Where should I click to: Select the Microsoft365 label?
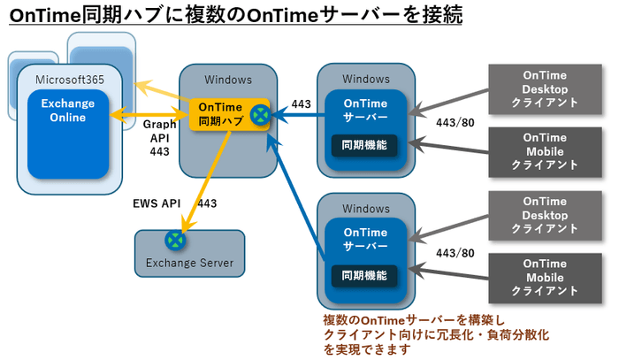[69, 80]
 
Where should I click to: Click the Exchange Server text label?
[189, 263]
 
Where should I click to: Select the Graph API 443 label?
[160, 138]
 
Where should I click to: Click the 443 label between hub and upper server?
[301, 104]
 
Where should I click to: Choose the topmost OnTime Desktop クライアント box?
[545, 88]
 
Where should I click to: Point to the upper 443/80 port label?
[455, 122]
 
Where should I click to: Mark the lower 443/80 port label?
[455, 254]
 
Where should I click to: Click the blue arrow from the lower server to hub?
[296, 195]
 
